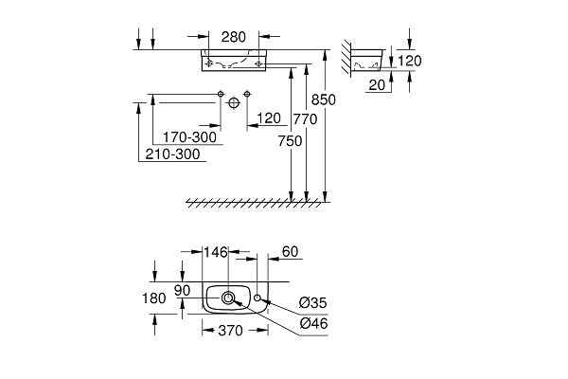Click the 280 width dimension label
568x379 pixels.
click(233, 38)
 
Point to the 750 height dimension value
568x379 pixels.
click(291, 140)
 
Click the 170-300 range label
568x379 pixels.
click(189, 137)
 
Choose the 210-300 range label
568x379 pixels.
click(173, 155)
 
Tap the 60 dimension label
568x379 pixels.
click(291, 252)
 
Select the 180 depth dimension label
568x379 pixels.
click(154, 298)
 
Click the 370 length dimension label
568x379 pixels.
click(231, 331)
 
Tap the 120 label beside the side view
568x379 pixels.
click(409, 61)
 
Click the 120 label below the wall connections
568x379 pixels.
click(269, 118)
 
